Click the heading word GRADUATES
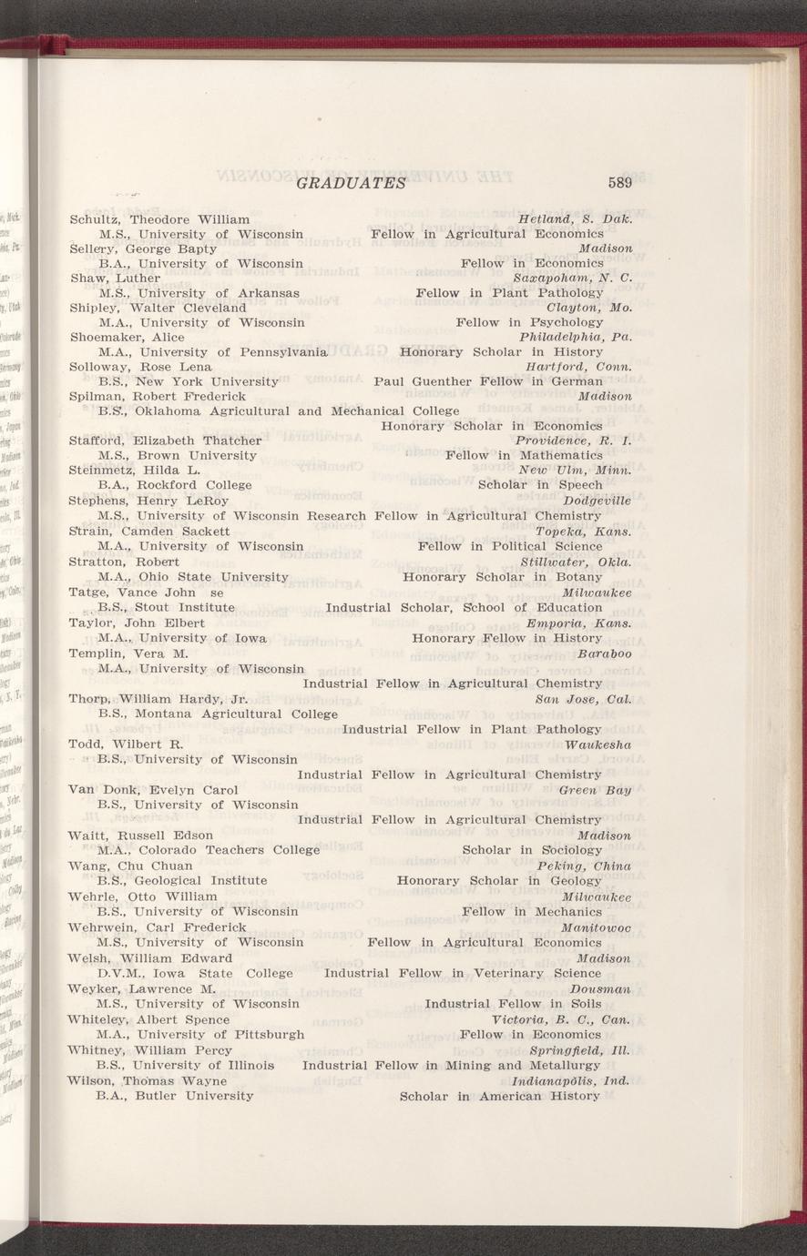(x=350, y=183)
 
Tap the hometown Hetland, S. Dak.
(x=575, y=219)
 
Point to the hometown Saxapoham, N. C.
(x=572, y=278)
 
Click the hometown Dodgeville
(x=598, y=500)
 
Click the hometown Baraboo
(x=605, y=653)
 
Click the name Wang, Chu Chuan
(x=130, y=866)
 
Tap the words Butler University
(x=194, y=1096)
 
